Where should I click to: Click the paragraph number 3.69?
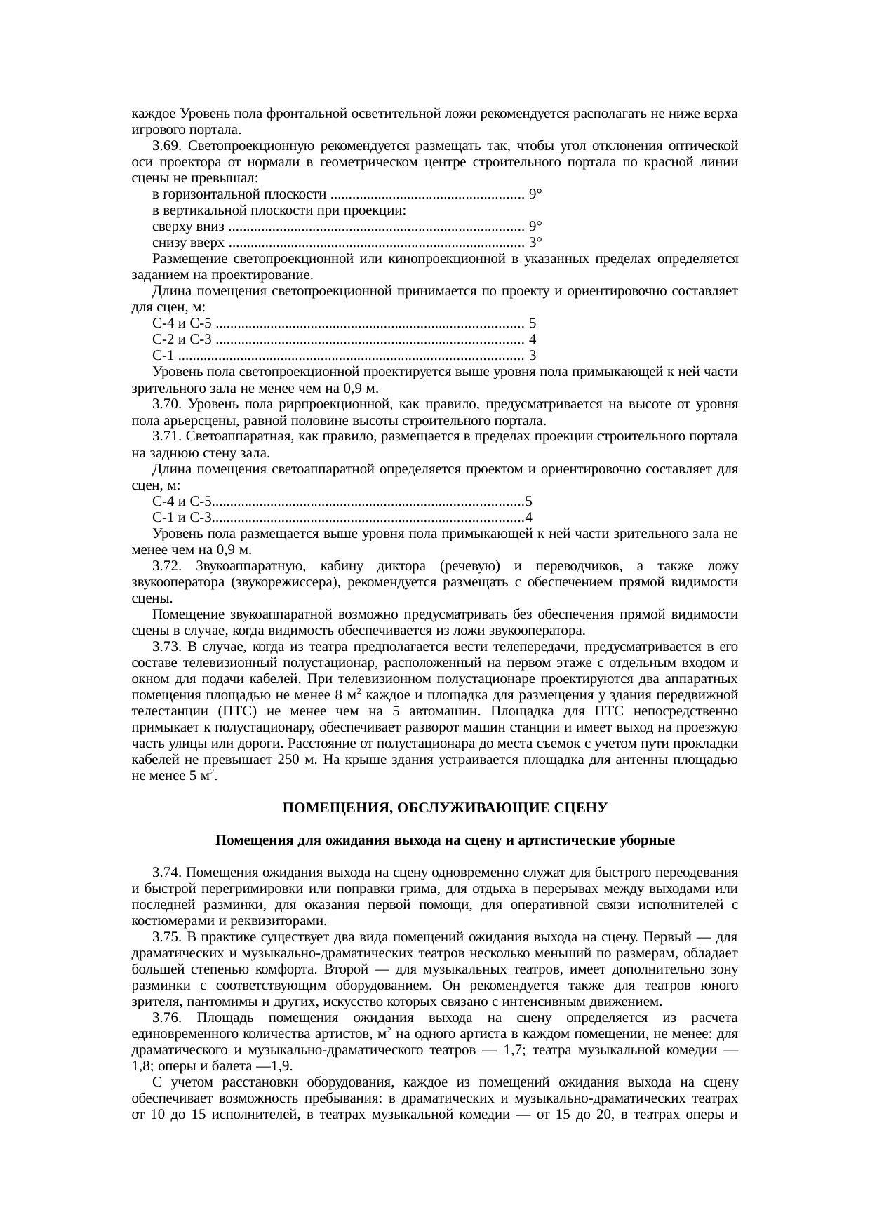tap(163, 146)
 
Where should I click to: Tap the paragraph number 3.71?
tap(163, 436)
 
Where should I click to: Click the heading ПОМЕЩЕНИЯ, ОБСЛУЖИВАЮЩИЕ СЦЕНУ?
tap(445, 808)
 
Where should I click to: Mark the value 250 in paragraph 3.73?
tap(288, 760)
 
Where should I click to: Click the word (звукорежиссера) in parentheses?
tap(285, 582)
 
